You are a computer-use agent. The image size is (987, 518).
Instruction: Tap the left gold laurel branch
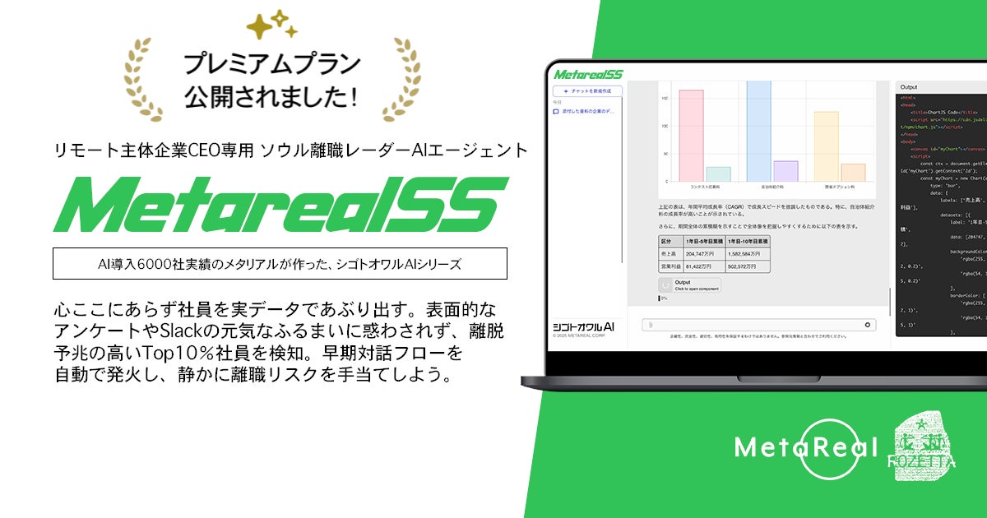(x=145, y=77)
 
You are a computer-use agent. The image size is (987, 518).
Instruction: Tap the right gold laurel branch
(x=400, y=77)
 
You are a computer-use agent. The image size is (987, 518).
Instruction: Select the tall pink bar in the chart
(x=691, y=135)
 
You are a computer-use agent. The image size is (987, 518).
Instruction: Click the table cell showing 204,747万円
(x=702, y=254)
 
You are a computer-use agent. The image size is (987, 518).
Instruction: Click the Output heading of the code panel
(x=909, y=86)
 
